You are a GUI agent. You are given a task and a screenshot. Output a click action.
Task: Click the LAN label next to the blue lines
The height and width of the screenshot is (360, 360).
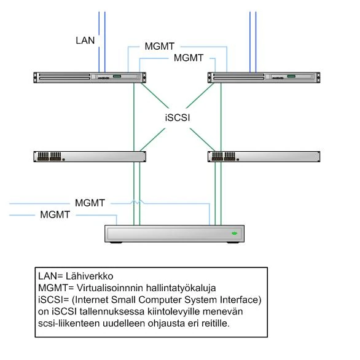pos(85,41)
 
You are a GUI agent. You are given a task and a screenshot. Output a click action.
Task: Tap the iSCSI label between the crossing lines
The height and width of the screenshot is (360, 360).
pos(178,117)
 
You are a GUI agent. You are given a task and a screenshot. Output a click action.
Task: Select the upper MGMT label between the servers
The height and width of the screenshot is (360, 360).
pos(160,46)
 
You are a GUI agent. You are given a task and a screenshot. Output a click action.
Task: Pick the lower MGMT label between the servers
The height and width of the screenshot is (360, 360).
pos(189,58)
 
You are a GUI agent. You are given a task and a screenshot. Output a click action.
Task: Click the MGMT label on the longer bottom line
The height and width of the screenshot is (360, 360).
pos(90,203)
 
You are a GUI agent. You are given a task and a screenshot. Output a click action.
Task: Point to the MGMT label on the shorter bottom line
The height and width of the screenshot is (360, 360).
pos(55,214)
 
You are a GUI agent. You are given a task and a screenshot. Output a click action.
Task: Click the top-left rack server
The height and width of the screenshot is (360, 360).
pos(90,77)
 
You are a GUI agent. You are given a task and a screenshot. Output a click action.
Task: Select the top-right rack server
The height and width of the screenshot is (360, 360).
pos(264,77)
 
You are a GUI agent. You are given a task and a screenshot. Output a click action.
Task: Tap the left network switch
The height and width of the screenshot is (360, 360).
pos(90,157)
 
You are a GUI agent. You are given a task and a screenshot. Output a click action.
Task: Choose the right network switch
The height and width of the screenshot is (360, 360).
pos(264,157)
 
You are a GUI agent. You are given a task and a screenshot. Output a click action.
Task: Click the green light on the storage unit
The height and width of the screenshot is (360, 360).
pos(234,233)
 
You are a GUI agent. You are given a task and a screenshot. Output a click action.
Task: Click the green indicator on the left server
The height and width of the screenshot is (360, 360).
pos(117,76)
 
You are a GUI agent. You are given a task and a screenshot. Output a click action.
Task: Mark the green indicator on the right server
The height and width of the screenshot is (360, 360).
pos(291,76)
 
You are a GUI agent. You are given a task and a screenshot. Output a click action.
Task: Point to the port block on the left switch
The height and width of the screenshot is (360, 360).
pos(49,156)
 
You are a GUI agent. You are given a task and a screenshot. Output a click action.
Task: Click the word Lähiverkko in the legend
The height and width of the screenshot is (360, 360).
pos(89,276)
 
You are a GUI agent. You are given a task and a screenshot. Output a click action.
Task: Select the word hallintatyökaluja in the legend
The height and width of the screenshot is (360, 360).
pos(181,288)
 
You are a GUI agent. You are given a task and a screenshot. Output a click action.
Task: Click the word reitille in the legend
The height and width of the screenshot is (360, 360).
pos(216,324)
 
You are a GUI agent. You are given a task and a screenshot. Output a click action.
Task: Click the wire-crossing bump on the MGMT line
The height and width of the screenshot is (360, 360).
pos(137,202)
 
